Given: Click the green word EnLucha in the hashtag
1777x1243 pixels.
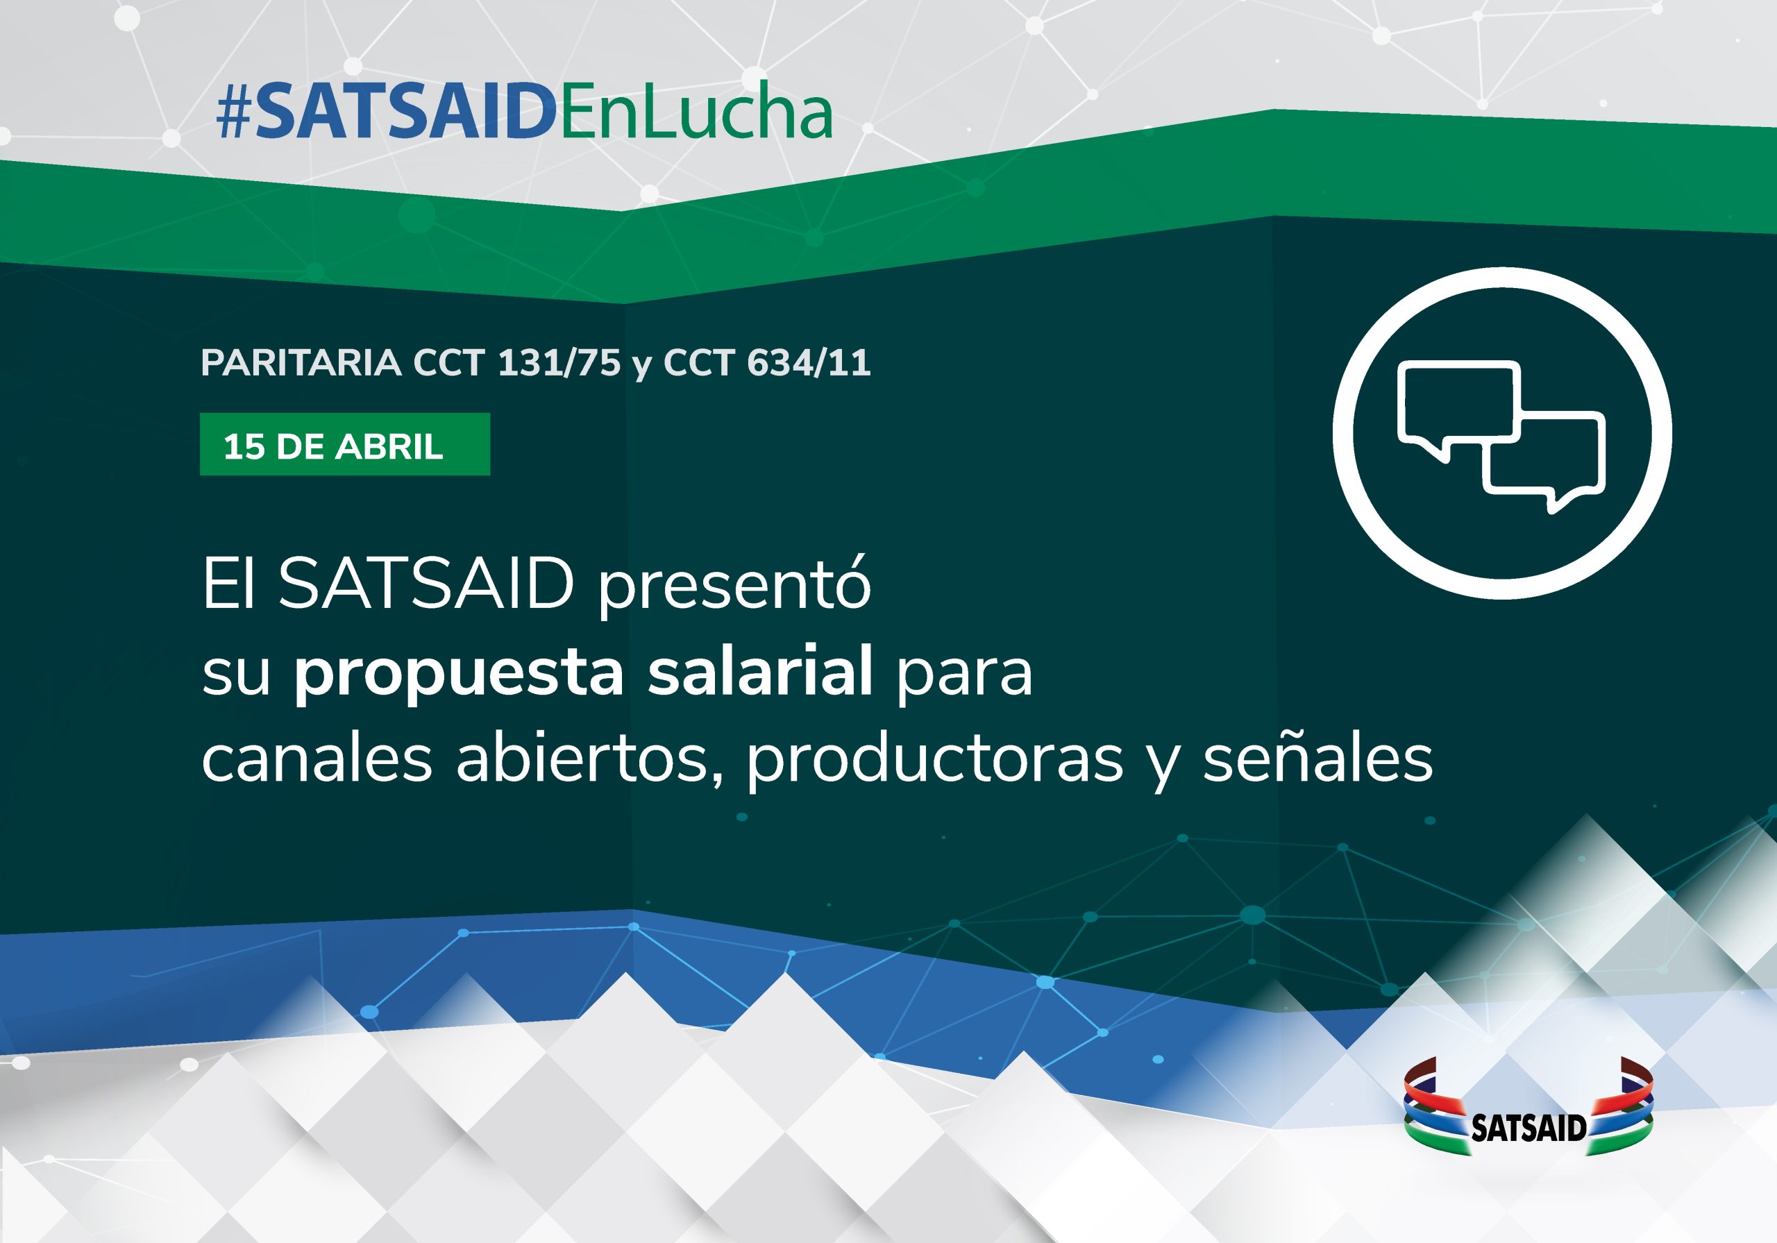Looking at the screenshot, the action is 695,112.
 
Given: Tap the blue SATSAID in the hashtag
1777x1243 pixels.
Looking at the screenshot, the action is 405,112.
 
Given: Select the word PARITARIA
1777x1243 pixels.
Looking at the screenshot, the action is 301,363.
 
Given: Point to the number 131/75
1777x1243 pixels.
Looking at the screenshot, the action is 559,363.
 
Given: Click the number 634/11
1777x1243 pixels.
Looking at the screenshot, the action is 809,363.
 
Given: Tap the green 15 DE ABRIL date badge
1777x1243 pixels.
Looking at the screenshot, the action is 344,444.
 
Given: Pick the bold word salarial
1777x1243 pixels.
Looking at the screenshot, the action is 761,670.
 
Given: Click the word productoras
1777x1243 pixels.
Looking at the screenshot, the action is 935,759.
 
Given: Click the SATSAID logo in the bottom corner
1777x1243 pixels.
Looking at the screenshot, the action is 1528,1107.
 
